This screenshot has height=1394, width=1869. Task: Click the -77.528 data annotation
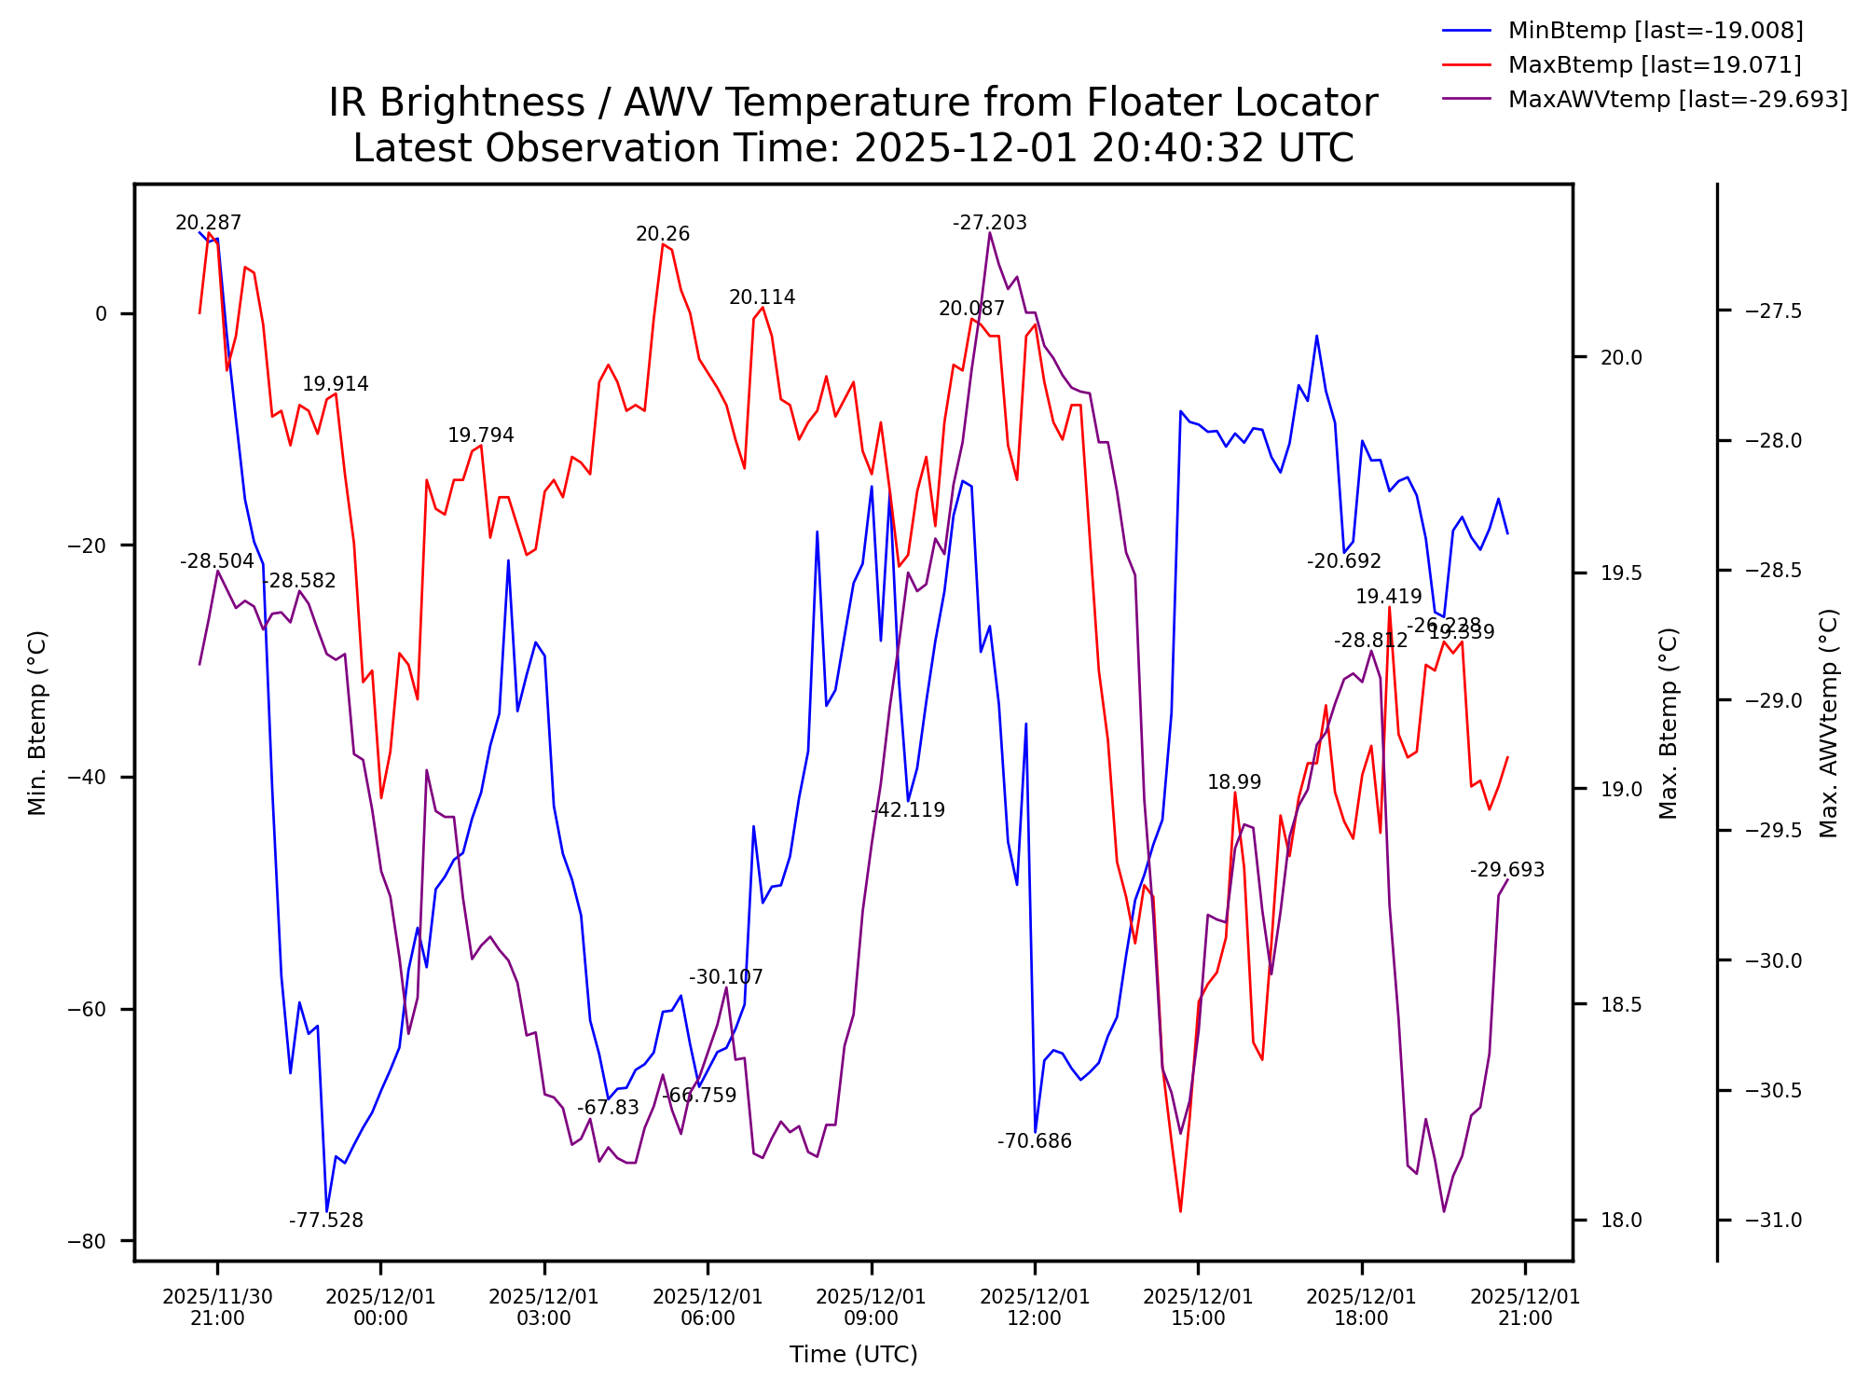pyautogui.click(x=326, y=1221)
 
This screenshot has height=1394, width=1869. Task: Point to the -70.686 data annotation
pyautogui.click(x=1035, y=1141)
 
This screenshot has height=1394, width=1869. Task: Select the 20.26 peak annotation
pyautogui.click(x=663, y=235)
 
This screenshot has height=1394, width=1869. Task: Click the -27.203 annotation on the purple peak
pyautogui.click(x=990, y=223)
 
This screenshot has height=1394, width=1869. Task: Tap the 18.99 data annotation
pyautogui.click(x=1234, y=782)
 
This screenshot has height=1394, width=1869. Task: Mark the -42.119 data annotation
pyautogui.click(x=908, y=810)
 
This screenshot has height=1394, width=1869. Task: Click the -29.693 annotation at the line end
pyautogui.click(x=1507, y=870)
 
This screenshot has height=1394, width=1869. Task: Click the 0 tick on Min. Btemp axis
pyautogui.click(x=102, y=314)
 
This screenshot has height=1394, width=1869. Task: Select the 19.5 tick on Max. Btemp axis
pyautogui.click(x=1621, y=573)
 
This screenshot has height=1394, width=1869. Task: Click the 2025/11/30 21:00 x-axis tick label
pyautogui.click(x=217, y=1307)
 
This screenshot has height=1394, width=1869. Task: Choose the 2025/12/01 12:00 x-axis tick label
pyautogui.click(x=1035, y=1307)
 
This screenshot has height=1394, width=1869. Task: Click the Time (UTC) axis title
pyautogui.click(x=854, y=1355)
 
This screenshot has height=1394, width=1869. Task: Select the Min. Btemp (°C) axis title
pyautogui.click(x=37, y=724)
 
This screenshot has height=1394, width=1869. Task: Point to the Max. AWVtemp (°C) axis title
pyautogui.click(x=1829, y=724)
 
